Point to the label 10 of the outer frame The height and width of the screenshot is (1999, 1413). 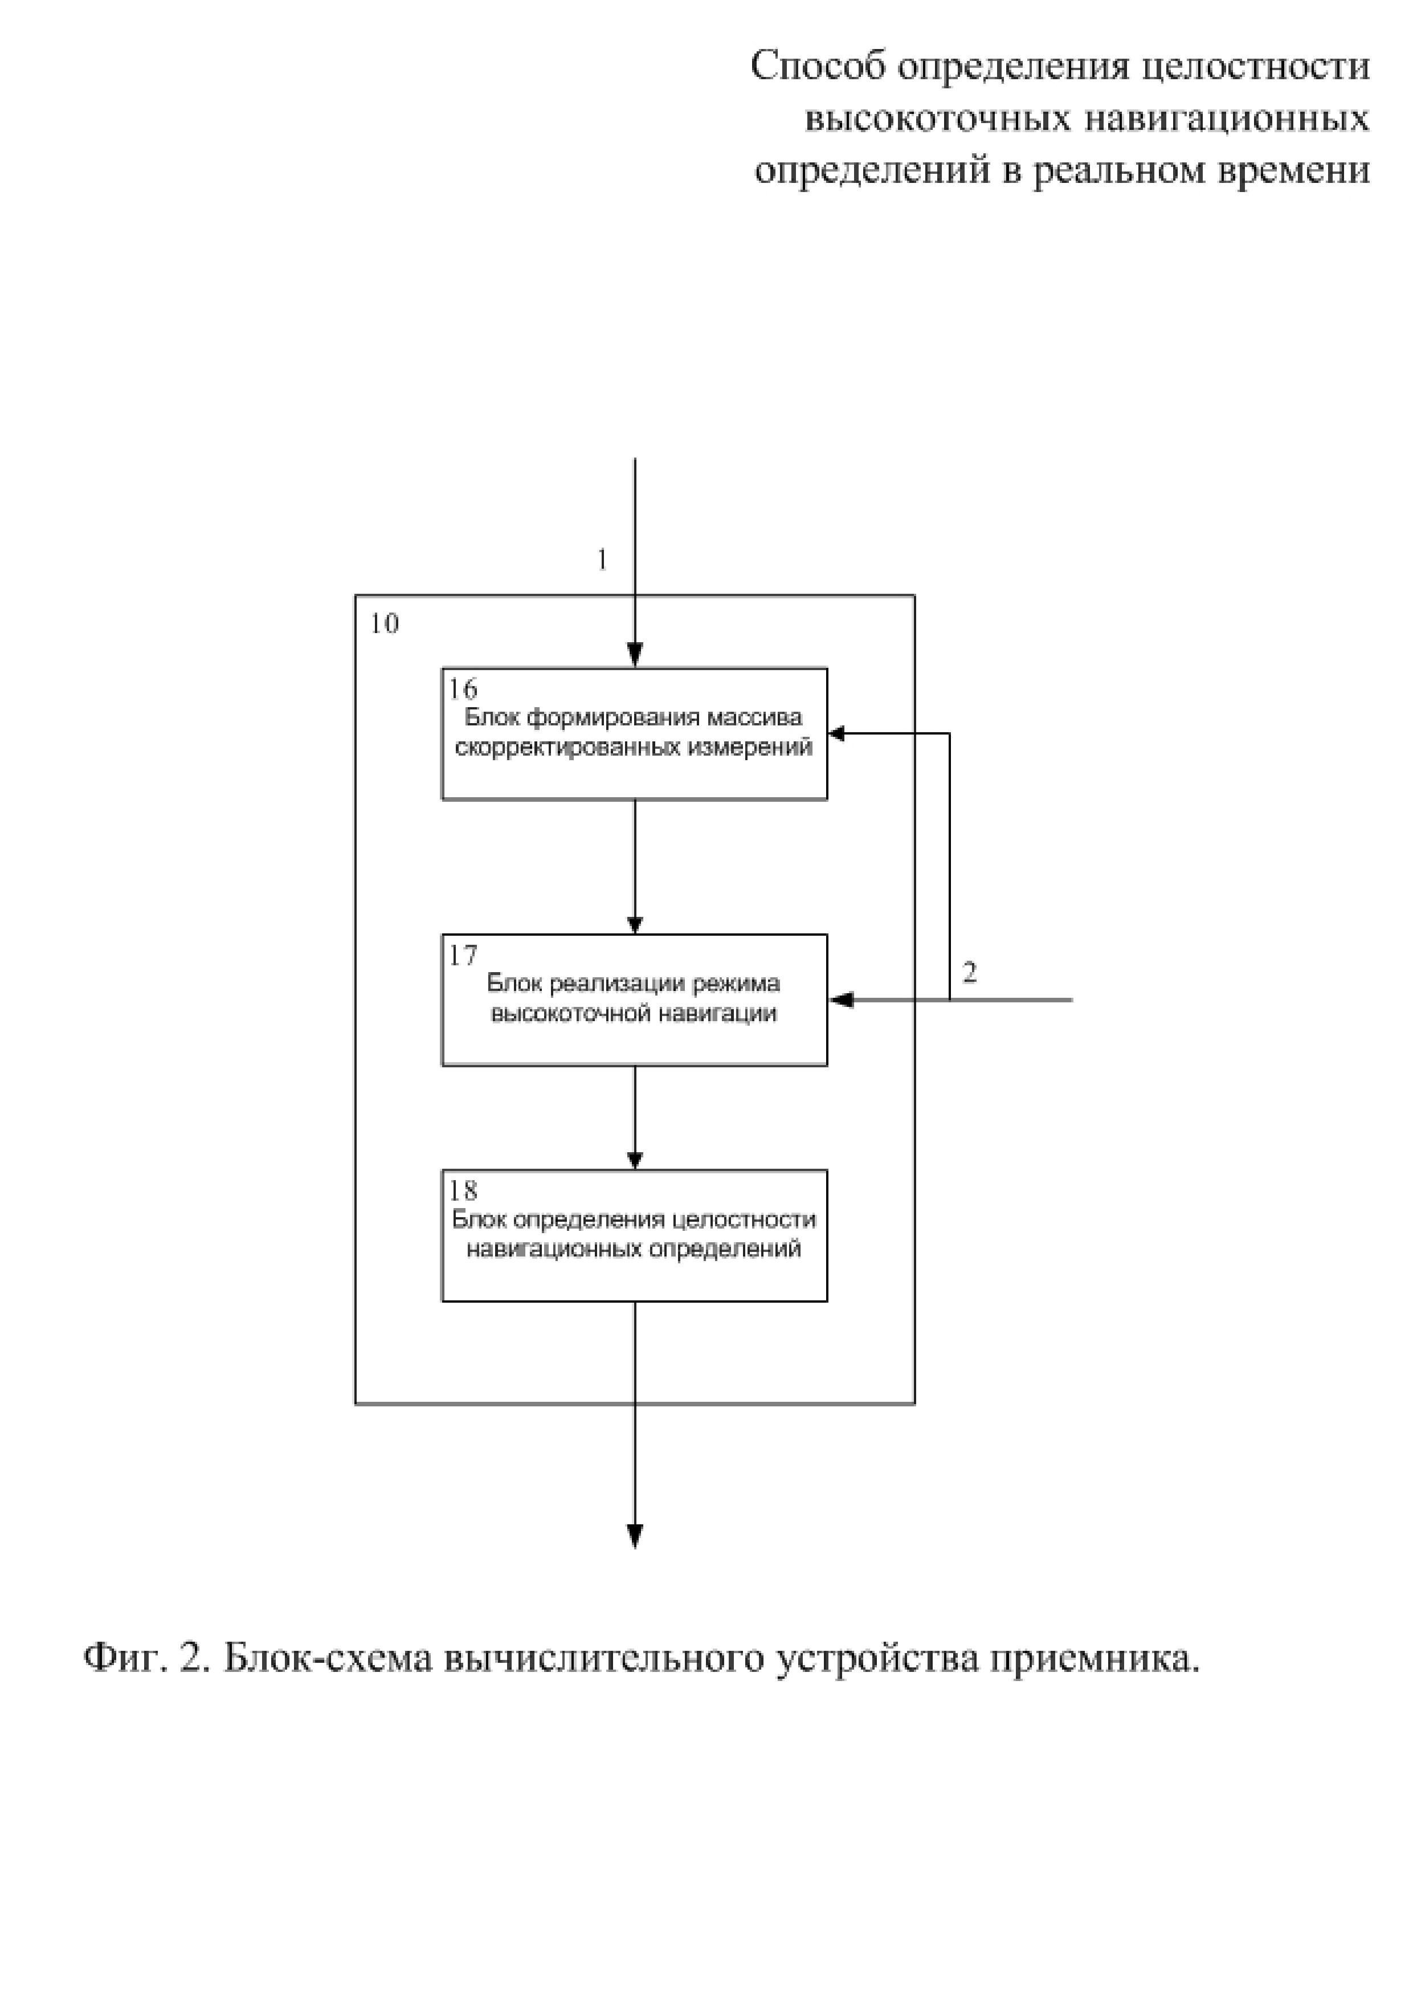tap(384, 624)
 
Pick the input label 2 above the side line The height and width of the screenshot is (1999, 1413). tap(970, 973)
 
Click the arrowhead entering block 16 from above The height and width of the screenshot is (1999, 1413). tap(635, 654)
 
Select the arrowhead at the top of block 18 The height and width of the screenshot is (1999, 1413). tap(635, 1160)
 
